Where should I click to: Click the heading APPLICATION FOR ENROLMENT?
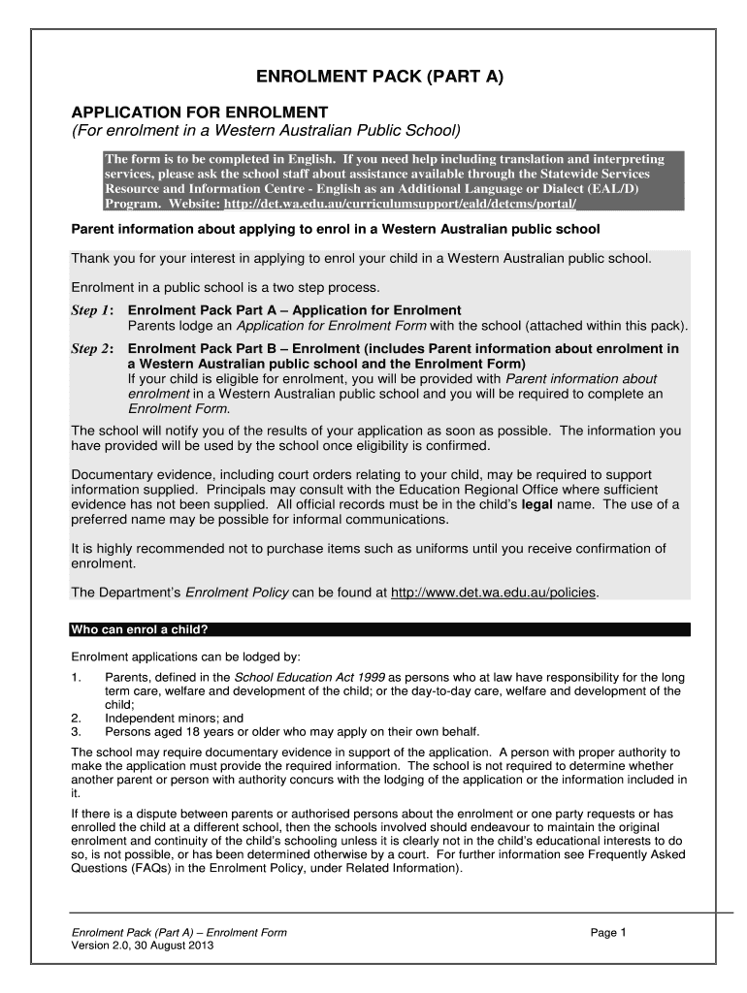[200, 112]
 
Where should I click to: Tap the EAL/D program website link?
[400, 204]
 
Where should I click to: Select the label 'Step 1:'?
[93, 310]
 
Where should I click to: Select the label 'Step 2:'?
[93, 348]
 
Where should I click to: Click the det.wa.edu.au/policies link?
[494, 592]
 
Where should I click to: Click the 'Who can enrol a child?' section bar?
[379, 628]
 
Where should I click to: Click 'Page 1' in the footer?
[610, 933]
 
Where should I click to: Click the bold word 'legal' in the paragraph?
[539, 505]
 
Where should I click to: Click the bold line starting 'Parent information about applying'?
[337, 229]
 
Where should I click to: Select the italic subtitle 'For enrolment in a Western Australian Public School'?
[266, 131]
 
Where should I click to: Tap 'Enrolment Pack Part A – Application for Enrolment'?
[295, 310]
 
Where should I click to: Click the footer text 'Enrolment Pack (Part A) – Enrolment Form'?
[179, 933]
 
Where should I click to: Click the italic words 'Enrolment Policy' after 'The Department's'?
[232, 592]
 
